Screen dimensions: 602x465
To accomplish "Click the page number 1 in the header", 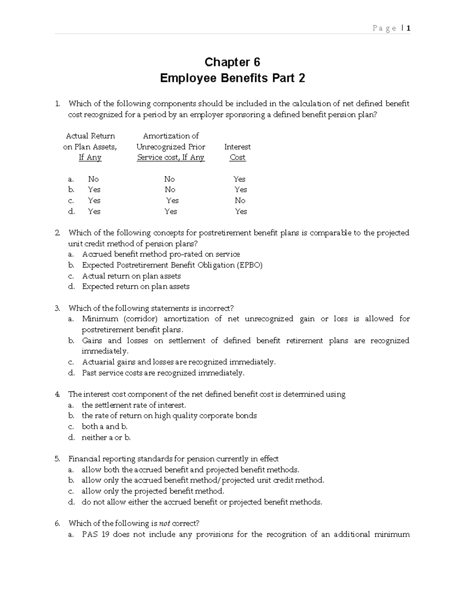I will point(408,28).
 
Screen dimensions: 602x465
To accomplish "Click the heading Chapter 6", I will point(232,62).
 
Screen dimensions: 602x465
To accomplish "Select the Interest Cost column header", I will point(237,152).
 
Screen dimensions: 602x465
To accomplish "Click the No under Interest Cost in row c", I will point(240,200).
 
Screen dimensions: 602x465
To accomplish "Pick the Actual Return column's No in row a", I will point(93,179).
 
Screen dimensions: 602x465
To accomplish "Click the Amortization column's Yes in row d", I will point(170,211).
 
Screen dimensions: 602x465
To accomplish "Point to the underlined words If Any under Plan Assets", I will point(90,157).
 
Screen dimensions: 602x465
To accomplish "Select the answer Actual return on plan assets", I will point(131,276).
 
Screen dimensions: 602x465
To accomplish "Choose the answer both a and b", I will point(104,426).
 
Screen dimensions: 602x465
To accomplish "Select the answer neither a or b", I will point(106,437).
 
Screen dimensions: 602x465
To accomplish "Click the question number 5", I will point(57,459).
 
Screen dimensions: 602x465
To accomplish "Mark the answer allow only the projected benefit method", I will point(153,491).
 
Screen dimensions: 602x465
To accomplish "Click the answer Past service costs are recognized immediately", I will point(163,373).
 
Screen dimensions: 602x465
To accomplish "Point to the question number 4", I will point(57,394).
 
